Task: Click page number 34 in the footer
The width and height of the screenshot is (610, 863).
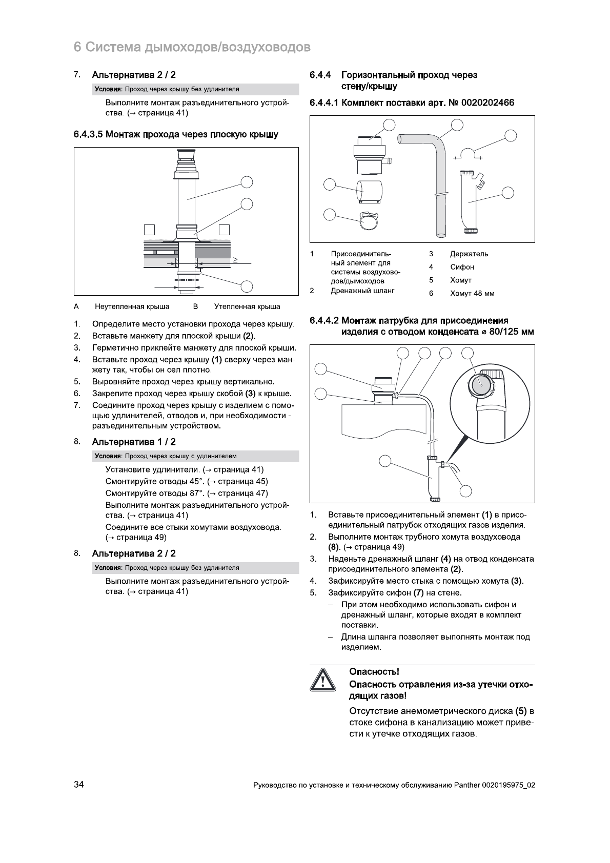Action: coord(79,785)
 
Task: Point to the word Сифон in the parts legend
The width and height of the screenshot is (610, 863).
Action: coord(462,267)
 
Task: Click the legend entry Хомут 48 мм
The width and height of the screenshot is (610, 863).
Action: coord(472,294)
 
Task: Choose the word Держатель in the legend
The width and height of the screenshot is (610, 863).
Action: coord(469,254)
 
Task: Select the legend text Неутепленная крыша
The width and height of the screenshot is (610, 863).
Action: coord(132,306)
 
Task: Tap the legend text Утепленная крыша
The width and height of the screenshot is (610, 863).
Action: coord(247,306)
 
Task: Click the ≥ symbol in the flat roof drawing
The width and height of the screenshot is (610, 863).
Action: coord(235,259)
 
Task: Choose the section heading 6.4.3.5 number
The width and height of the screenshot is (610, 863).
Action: coord(89,135)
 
